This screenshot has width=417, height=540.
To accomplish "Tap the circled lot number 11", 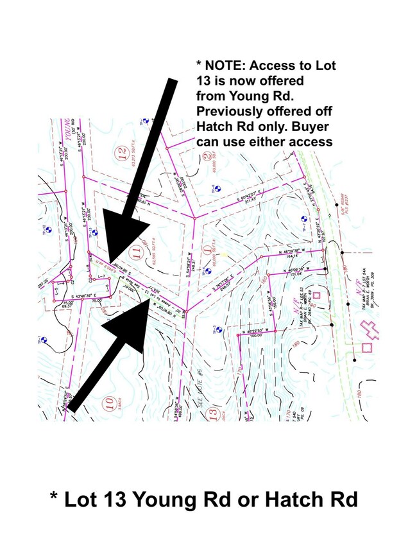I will click(x=135, y=250).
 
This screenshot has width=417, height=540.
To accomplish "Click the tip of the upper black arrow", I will click(x=109, y=263).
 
